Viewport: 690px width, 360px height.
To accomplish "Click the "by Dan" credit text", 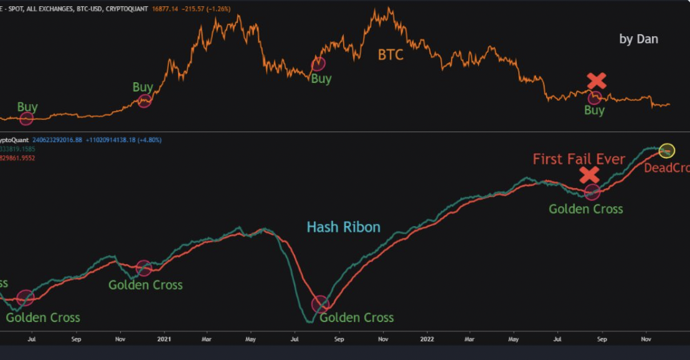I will tap(638, 39).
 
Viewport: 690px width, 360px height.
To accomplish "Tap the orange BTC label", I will tap(390, 55).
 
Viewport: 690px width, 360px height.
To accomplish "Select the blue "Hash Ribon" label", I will tap(343, 227).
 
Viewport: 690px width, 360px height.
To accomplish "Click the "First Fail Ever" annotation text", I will tap(579, 159).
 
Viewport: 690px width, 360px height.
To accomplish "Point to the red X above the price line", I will tap(597, 80).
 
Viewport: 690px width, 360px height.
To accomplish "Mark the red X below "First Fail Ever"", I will tap(590, 174).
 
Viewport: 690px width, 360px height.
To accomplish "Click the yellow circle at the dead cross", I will tap(666, 150).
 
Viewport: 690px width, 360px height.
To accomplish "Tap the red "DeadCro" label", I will tap(666, 168).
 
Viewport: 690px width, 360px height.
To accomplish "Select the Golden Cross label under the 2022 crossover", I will tap(585, 209).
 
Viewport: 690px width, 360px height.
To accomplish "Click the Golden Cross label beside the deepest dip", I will tap(357, 318).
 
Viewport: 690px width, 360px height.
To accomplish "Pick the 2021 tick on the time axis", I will tap(164, 339).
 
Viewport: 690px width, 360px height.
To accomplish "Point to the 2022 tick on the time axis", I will tap(427, 339).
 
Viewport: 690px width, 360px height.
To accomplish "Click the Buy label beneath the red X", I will tap(594, 110).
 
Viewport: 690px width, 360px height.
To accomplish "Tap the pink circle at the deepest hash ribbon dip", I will tap(320, 304).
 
